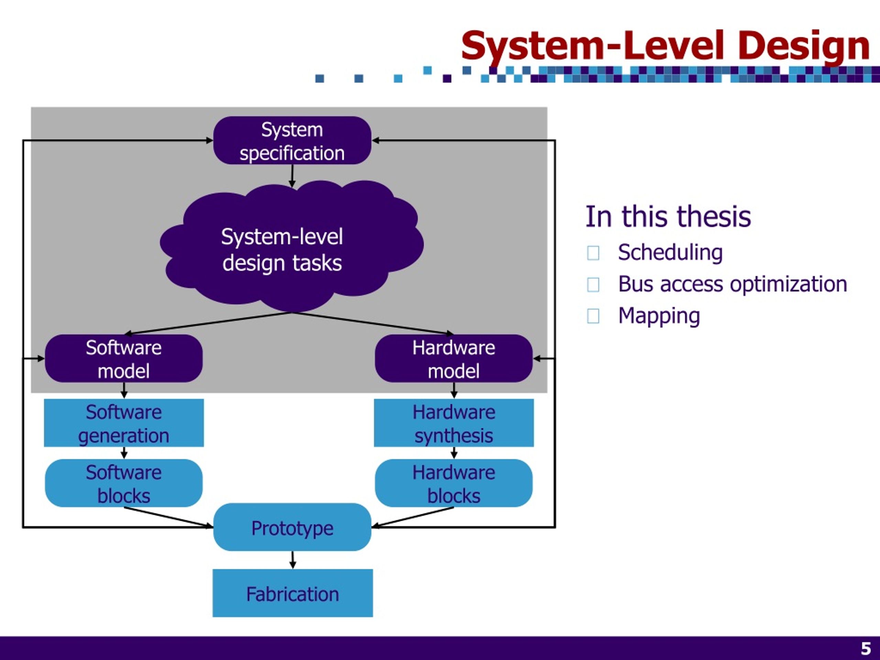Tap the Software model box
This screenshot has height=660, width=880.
(x=124, y=359)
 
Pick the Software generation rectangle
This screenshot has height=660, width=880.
(x=124, y=423)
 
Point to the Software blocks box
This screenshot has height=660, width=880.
(x=124, y=483)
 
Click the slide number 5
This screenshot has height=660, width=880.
(x=866, y=648)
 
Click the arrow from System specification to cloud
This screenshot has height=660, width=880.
(x=292, y=176)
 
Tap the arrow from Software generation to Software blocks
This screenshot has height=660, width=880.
(x=124, y=453)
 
